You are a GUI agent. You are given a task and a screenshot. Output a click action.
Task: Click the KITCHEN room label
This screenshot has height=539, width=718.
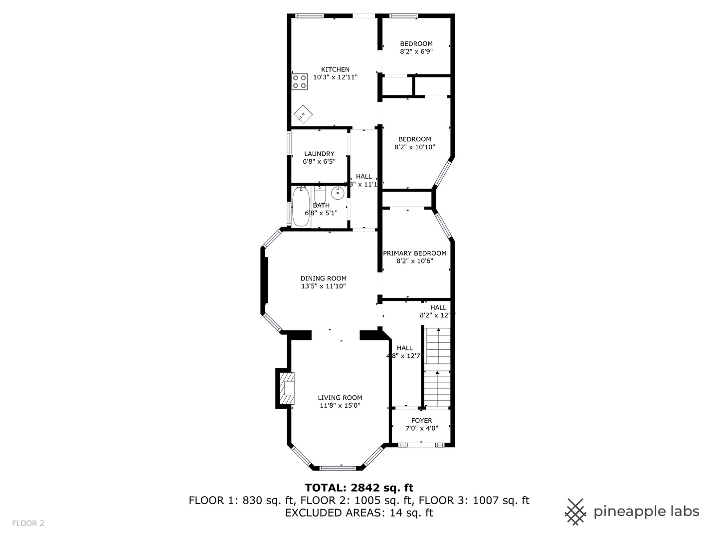(x=335, y=69)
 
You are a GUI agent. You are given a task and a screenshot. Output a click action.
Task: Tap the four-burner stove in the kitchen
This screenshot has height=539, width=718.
(x=300, y=82)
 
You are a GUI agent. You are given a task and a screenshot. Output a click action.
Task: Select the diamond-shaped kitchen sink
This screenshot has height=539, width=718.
(x=303, y=115)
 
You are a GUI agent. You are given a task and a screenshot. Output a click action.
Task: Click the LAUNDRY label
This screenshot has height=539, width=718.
(x=319, y=154)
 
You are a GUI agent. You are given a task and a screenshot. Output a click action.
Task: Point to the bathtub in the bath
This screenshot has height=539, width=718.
(x=300, y=207)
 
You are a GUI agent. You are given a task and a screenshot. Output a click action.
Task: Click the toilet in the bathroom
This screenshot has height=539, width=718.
(x=320, y=193)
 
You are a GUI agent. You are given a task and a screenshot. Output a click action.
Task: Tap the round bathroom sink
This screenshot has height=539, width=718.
(x=338, y=192)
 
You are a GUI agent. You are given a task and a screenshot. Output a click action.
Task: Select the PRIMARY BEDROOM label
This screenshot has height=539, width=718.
(x=414, y=253)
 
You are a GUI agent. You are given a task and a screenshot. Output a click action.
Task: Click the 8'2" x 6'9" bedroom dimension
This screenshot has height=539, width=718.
(x=416, y=51)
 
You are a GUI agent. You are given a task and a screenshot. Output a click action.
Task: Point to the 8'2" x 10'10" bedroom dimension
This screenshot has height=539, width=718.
(x=414, y=147)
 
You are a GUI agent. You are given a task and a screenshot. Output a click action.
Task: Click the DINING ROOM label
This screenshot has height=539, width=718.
(x=323, y=278)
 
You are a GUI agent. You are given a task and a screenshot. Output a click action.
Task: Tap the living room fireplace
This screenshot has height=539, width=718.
(x=286, y=388)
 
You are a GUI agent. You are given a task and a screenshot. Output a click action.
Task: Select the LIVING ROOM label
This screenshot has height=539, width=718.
(x=340, y=398)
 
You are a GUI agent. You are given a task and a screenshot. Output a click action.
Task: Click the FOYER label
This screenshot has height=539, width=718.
(x=421, y=420)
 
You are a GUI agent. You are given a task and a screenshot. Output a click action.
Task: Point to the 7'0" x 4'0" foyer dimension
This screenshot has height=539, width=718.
(x=421, y=428)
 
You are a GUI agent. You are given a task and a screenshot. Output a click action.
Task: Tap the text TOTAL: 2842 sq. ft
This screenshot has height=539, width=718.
(x=359, y=488)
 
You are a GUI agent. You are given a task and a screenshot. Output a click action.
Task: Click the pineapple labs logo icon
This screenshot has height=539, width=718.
(x=575, y=512)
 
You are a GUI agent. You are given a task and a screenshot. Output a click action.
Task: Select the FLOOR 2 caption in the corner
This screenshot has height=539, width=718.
(x=28, y=523)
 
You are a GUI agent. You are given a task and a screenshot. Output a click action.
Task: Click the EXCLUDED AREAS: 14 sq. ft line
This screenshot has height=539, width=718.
(x=359, y=513)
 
